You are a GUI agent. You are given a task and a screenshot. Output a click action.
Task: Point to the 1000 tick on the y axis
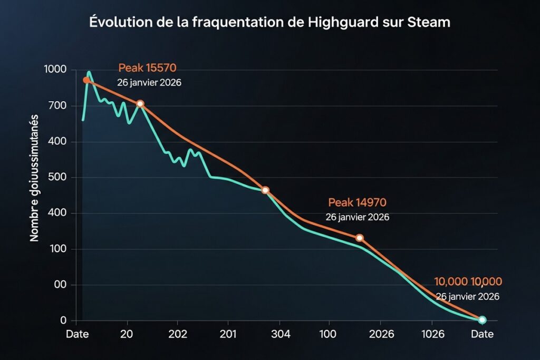[55, 70]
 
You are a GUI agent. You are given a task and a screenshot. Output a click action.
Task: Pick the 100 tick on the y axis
[58, 249]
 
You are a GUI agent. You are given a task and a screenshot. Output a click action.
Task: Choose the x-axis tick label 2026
[381, 335]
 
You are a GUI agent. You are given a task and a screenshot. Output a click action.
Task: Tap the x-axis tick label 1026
[432, 335]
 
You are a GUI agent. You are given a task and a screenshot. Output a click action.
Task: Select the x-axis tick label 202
[178, 335]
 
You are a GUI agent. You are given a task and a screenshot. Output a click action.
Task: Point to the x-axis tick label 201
[228, 335]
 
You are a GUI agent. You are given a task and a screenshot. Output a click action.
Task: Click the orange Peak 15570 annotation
[147, 68]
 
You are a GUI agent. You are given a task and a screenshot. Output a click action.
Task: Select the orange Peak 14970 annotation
[357, 202]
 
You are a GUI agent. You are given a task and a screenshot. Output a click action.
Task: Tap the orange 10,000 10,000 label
[468, 281]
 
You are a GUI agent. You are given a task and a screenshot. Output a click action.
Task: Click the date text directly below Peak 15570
[149, 83]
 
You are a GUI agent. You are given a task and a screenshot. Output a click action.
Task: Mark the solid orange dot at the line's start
[86, 80]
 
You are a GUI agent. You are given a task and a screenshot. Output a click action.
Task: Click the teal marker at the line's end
[482, 320]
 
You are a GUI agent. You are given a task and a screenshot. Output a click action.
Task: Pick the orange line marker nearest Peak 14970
[360, 238]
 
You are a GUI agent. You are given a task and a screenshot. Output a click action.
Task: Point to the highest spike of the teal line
[89, 72]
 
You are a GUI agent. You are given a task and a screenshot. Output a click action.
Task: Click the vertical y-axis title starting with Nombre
[35, 178]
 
